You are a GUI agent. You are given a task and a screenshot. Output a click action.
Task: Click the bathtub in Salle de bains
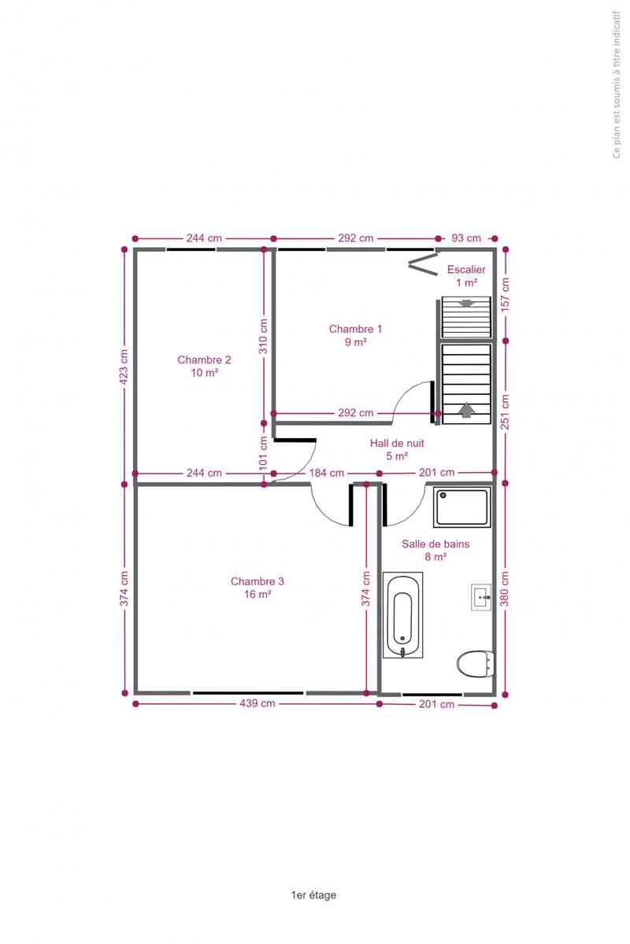pos(402,614)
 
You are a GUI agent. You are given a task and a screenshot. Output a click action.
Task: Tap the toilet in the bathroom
pos(475,664)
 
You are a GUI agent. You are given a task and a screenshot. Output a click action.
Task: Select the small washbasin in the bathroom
pos(481,597)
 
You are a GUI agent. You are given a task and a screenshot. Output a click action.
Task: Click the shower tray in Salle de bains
pos(461,507)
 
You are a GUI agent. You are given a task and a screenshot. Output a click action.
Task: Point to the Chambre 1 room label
pos(355,335)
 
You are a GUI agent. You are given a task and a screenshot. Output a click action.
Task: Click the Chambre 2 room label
pos(204,366)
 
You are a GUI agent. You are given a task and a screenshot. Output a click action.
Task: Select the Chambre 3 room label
pos(258,588)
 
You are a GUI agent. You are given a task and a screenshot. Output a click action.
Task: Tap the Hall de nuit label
pos(397,449)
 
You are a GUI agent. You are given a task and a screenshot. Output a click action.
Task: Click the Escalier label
pos(466,275)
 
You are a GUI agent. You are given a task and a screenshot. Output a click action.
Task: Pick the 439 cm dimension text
pos(258,703)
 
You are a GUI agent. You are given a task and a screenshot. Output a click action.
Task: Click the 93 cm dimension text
pos(466,238)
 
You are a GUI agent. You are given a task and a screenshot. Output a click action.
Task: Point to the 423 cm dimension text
pos(124,367)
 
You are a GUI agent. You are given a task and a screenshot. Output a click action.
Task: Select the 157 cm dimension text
pos(505,294)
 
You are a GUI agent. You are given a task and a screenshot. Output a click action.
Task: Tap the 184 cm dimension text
pos(327,473)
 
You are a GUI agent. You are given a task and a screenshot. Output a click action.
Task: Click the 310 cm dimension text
pos(263,337)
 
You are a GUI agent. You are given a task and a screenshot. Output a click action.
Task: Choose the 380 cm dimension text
pos(505,588)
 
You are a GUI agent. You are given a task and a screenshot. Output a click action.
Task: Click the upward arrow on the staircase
pos(466,410)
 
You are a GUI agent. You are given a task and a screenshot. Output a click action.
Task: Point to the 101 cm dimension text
pos(263,453)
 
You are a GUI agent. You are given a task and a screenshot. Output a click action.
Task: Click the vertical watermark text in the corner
pos(617,85)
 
